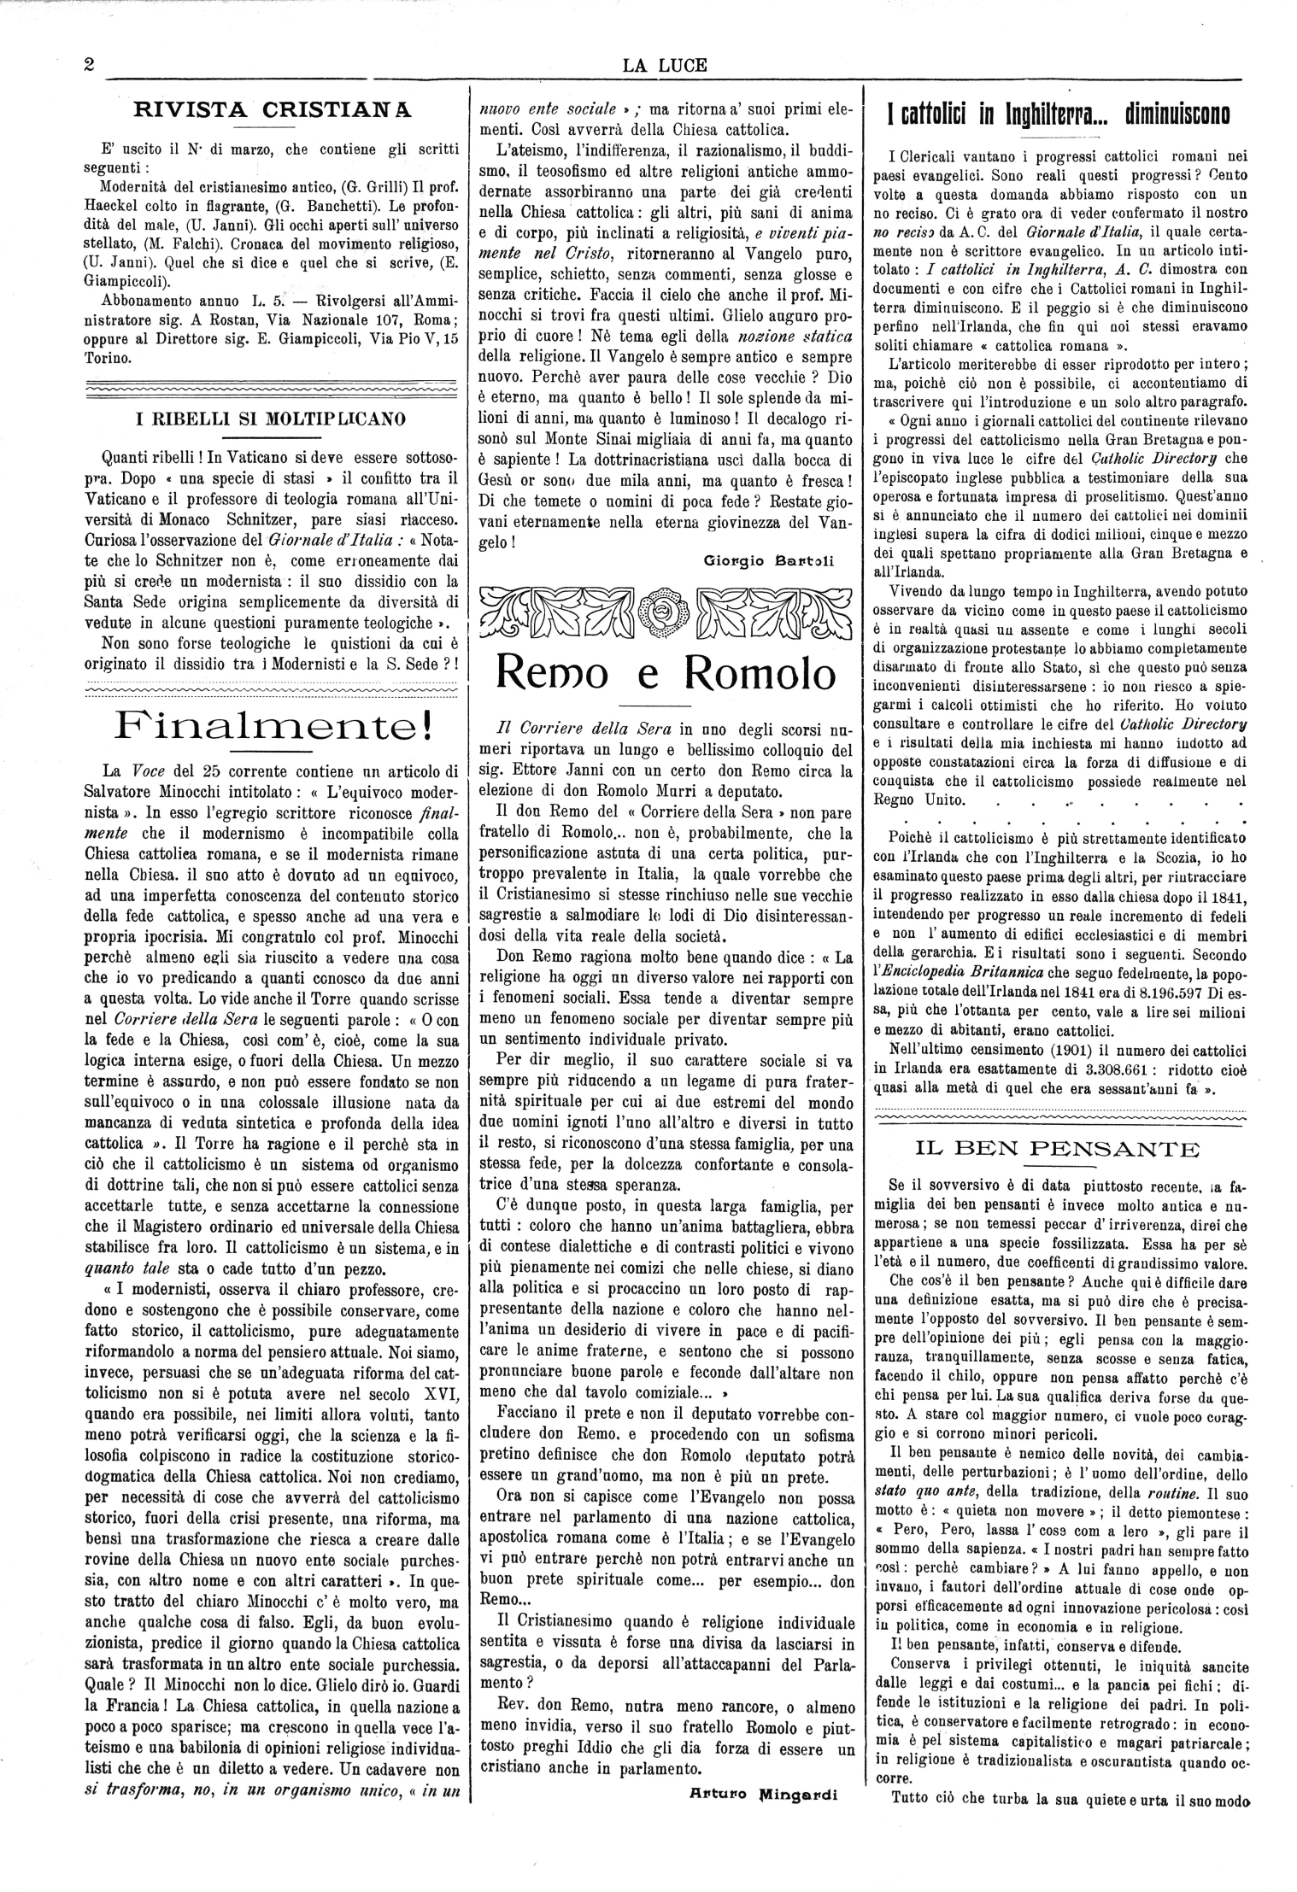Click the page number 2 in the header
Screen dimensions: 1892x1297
pyautogui.click(x=89, y=66)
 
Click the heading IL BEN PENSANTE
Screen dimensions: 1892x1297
pyautogui.click(x=1057, y=1148)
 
